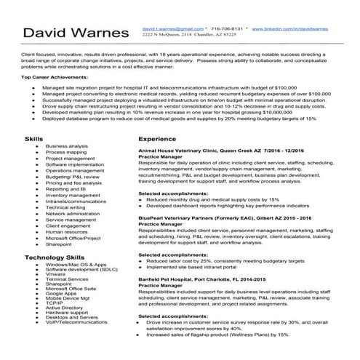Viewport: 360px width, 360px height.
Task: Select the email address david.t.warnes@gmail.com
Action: coord(173,27)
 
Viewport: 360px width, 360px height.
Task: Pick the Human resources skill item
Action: coord(66,232)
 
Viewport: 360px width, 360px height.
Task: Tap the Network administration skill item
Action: coord(73,214)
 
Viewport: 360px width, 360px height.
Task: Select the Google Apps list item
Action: coord(61,292)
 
